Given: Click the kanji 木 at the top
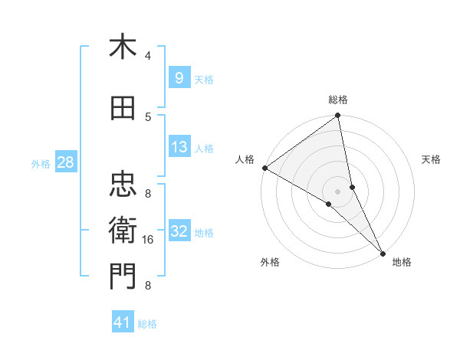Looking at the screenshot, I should (123, 47).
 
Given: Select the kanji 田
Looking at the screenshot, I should (123, 109).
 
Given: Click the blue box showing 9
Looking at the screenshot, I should (179, 78).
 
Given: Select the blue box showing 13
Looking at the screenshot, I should (179, 148).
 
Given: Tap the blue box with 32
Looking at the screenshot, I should (179, 232).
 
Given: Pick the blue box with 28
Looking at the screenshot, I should (65, 162).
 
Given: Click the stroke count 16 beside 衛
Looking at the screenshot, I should (148, 240).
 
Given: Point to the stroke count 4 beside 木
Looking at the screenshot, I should (148, 55).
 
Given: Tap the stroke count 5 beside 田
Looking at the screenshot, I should (148, 116).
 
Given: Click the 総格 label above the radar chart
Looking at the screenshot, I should (338, 100).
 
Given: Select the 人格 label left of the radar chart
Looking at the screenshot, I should (245, 159).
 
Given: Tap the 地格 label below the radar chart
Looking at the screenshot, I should (402, 262).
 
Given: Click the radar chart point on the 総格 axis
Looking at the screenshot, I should (338, 116).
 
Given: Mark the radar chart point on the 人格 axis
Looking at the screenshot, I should (264, 168).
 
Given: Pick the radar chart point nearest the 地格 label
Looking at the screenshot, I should (383, 252).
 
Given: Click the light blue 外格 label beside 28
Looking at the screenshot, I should (40, 163).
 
